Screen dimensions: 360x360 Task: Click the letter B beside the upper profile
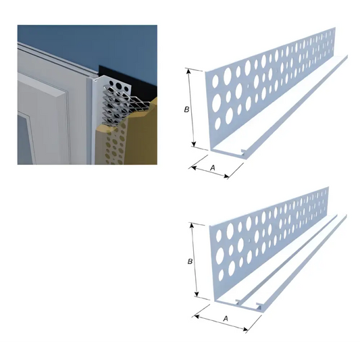pyautogui.click(x=186, y=109)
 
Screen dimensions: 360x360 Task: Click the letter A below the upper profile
pyautogui.click(x=213, y=168)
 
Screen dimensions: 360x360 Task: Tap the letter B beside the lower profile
pyautogui.click(x=190, y=261)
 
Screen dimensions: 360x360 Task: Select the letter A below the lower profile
pyautogui.click(x=226, y=318)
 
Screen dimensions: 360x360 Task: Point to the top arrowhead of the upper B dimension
pyautogui.click(x=188, y=71)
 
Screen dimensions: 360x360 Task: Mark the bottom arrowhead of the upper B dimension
pyautogui.click(x=194, y=144)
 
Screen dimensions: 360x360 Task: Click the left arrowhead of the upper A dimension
pyautogui.click(x=194, y=168)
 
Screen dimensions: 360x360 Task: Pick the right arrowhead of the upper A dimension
pyautogui.click(x=227, y=176)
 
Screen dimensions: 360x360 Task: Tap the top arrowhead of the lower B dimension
pyautogui.click(x=191, y=225)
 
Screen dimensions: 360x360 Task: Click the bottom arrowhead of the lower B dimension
pyautogui.click(x=197, y=294)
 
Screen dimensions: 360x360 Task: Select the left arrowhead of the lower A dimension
pyautogui.click(x=197, y=317)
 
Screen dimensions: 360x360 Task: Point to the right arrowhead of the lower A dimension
pyautogui.click(x=245, y=330)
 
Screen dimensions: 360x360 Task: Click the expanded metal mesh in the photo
pyautogui.click(x=125, y=105)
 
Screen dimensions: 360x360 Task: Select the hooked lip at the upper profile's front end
pyautogui.click(x=244, y=151)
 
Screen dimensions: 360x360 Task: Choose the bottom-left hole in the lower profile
pyautogui.click(x=221, y=276)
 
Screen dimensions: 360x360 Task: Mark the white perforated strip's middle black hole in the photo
pyautogui.click(x=119, y=86)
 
